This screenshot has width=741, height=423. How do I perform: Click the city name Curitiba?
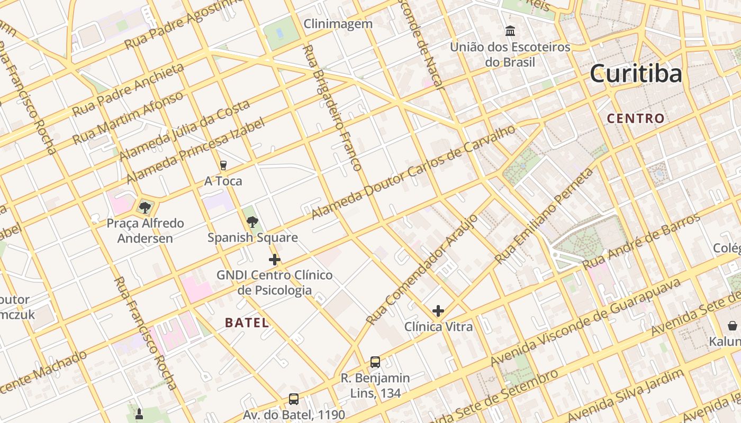click(636, 73)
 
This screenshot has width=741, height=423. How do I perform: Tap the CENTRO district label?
click(636, 118)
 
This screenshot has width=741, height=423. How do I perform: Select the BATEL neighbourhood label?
click(247, 323)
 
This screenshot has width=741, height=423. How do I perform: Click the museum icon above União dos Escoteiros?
click(510, 31)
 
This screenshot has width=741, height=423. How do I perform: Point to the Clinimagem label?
click(338, 24)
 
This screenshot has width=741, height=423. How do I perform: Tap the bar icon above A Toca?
click(223, 165)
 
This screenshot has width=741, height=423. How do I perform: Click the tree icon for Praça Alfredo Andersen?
click(145, 207)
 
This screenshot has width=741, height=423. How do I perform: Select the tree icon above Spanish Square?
click(252, 222)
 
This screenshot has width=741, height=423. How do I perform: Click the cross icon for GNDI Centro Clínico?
click(274, 260)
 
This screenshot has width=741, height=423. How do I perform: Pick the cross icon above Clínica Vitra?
click(438, 311)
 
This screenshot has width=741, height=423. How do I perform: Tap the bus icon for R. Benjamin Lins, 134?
click(375, 362)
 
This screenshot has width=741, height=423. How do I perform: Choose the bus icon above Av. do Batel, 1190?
click(294, 399)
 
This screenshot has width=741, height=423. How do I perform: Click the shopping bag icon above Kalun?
click(733, 326)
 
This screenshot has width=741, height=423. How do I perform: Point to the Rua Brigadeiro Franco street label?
click(332, 108)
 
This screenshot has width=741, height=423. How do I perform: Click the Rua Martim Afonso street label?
click(128, 118)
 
